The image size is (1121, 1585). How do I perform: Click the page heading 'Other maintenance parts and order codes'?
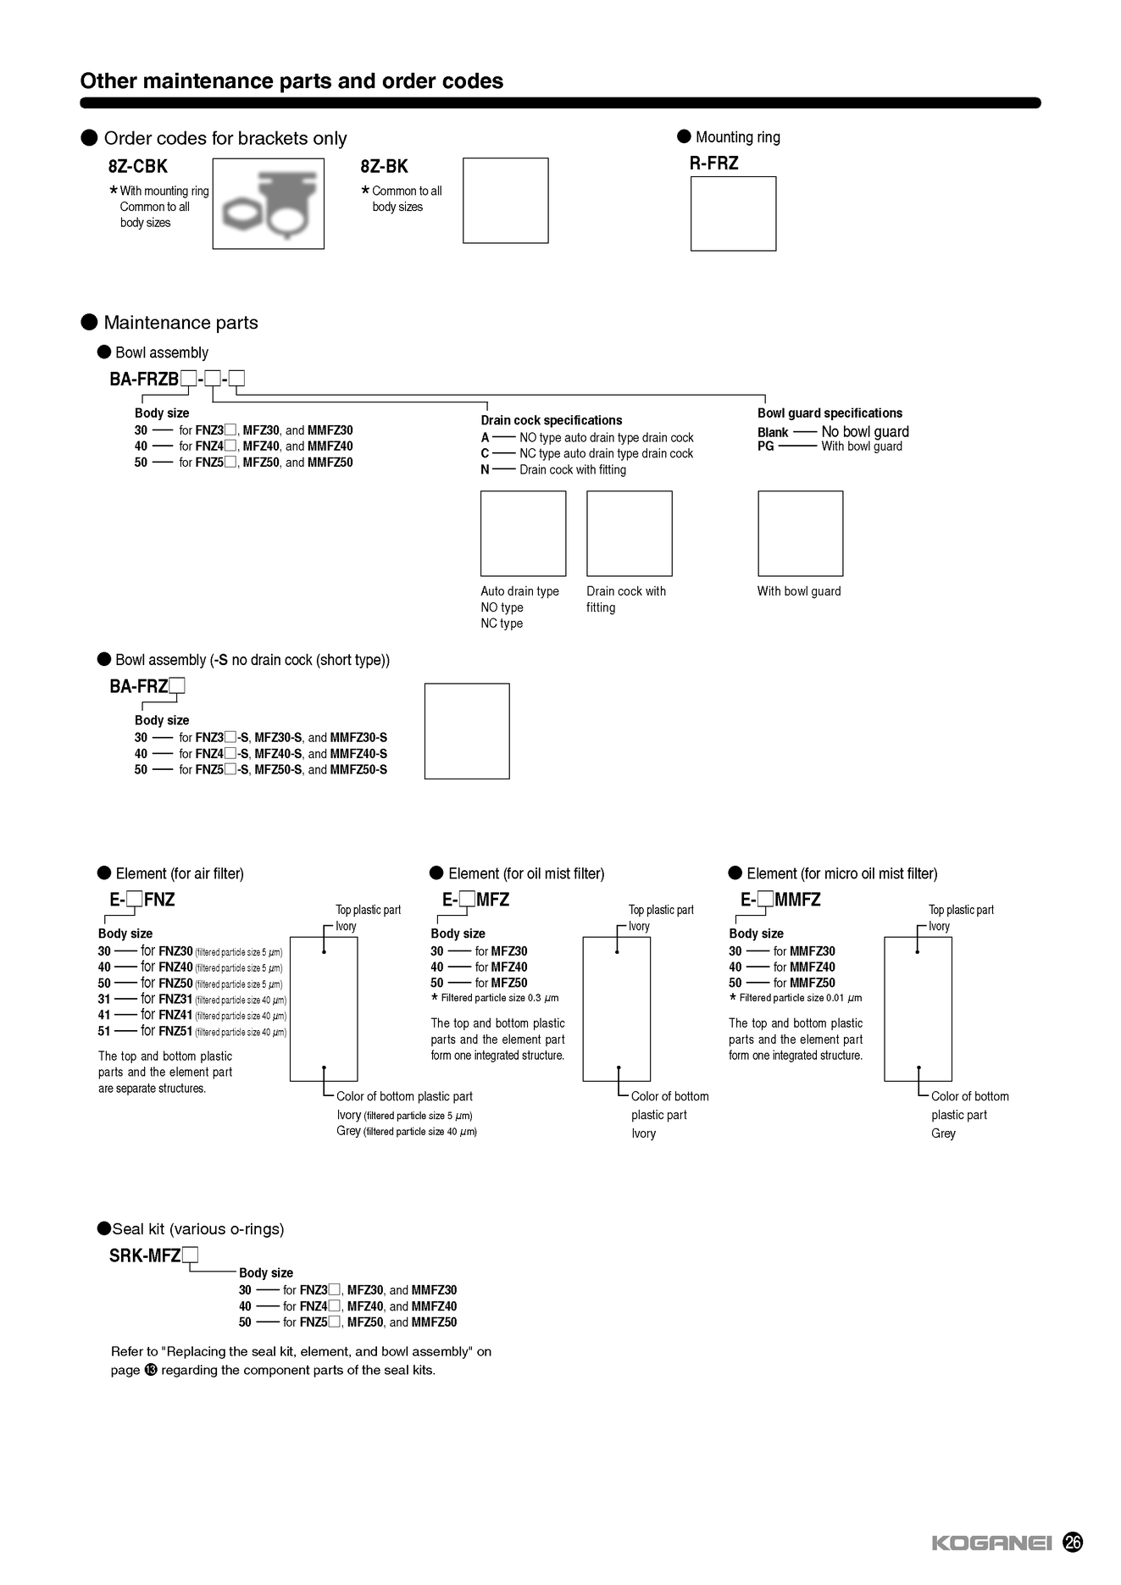291,81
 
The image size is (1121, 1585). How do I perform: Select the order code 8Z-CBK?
138,167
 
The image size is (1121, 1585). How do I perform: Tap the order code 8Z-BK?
384,167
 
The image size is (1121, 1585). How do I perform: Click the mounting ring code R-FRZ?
713,163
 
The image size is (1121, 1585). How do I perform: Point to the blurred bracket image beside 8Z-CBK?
268,203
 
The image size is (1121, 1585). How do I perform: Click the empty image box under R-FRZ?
733,213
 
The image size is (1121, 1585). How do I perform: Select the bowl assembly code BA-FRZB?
144,380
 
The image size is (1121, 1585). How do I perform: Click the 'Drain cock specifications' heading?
552,420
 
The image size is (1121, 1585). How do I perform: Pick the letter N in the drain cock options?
485,469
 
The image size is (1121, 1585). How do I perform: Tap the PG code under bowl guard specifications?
766,446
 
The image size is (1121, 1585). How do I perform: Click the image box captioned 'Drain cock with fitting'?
629,534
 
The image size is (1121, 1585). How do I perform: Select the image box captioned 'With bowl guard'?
800,534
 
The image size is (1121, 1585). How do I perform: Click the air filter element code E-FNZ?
142,900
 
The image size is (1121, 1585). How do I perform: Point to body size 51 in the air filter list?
104,1031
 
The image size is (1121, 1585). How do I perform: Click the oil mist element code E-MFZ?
475,900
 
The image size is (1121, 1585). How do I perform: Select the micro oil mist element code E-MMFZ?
780,900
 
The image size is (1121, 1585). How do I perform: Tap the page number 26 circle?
1073,1542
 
